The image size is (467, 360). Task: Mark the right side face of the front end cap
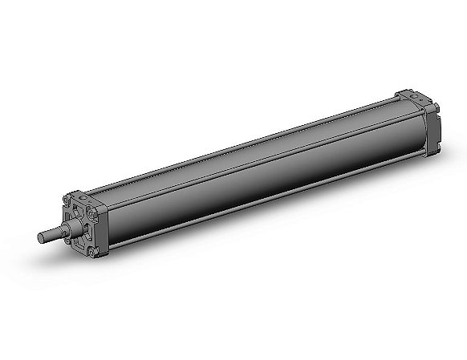tap(103, 233)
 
